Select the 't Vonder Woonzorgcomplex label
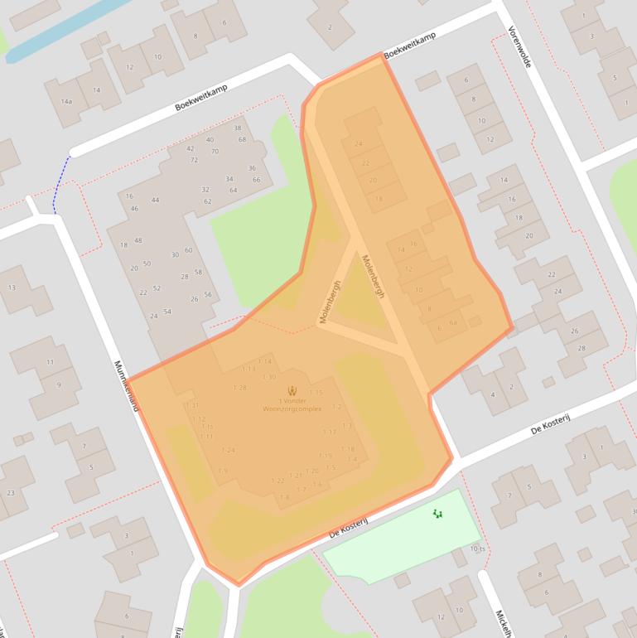pos(292,405)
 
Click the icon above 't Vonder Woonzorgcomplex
pos(292,389)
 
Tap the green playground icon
pos(437,514)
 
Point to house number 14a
pos(66,102)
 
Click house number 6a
pos(453,323)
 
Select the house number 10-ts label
pos(477,549)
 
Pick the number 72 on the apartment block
pos(194,160)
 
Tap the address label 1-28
pos(240,388)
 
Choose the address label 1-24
pos(229,450)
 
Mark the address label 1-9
pos(222,471)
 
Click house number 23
pos(11,492)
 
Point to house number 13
pos(12,288)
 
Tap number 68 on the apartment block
pos(243,139)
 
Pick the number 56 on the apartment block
pos(208,295)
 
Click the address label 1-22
pos(277,481)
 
